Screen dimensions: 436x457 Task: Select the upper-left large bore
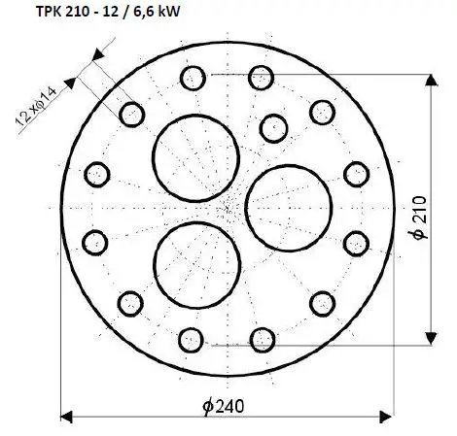coord(198,154)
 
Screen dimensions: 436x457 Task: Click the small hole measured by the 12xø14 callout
coord(132,115)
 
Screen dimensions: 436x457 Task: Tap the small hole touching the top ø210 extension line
coord(261,76)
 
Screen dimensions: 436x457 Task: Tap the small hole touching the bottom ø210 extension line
coord(261,339)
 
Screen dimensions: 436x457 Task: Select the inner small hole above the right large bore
coord(273,125)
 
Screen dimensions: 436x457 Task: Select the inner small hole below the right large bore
coord(273,288)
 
